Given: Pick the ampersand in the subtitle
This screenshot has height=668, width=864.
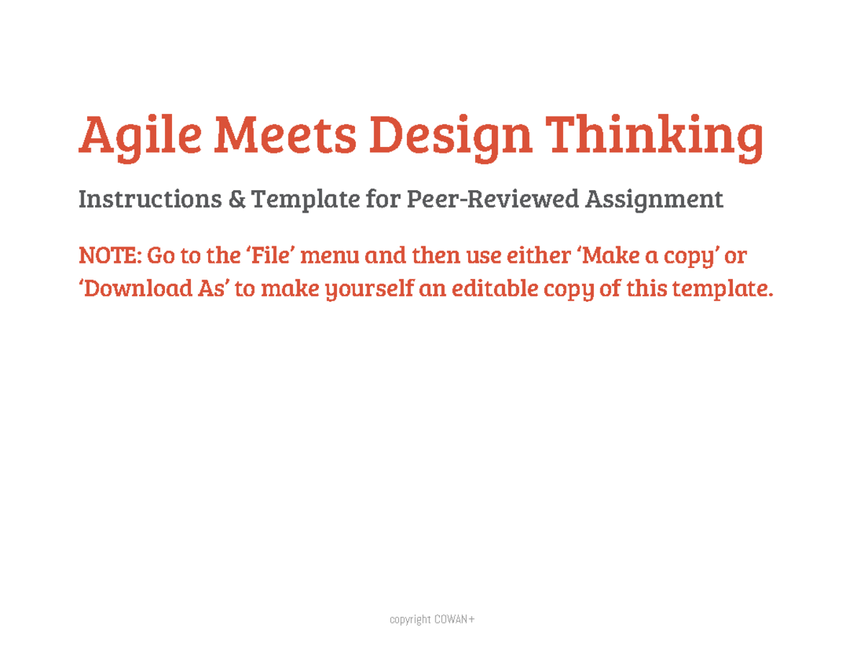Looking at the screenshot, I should point(237,199).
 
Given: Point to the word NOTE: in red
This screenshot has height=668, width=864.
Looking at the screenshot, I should point(110,255).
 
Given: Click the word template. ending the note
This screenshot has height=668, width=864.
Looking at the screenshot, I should point(722,289).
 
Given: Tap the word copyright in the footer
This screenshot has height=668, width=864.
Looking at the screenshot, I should point(410,620).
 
